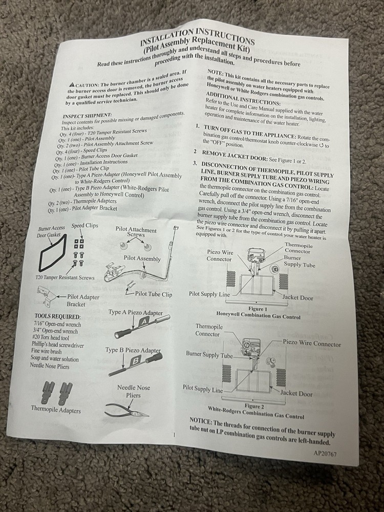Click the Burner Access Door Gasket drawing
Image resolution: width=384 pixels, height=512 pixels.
tap(52, 255)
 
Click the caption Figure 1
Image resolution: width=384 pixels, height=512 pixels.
tap(258, 310)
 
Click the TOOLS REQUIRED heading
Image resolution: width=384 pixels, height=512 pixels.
tap(57, 317)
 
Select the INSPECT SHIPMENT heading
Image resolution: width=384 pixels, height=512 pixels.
tap(87, 116)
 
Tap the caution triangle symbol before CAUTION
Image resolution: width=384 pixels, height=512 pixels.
tap(71, 84)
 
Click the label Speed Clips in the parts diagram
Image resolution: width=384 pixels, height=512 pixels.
tap(85, 225)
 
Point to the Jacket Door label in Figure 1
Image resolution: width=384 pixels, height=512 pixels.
tap(298, 297)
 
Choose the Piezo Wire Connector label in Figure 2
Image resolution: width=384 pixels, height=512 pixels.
tap(311, 344)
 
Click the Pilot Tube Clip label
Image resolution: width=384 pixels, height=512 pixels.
tap(154, 294)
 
